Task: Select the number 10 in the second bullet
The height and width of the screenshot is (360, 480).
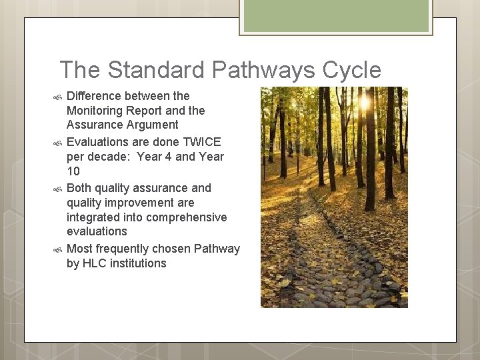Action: click(73, 171)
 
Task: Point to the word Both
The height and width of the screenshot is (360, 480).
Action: click(80, 188)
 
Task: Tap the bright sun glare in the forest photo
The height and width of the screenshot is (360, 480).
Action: click(365, 102)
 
